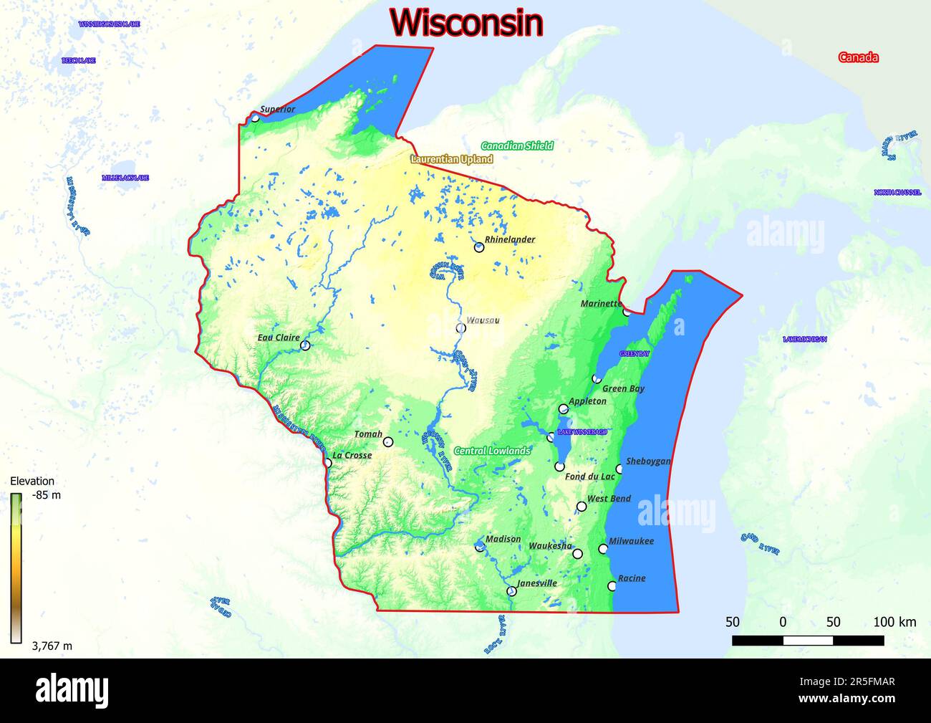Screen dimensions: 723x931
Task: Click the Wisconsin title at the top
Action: [x=466, y=22]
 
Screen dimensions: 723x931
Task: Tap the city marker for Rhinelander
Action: [x=479, y=247]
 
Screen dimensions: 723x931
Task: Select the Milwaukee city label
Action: [x=631, y=541]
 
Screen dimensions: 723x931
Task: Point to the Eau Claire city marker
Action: [x=306, y=345]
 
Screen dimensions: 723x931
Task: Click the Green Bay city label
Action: [x=623, y=388]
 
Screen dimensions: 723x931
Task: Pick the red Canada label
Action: [x=858, y=57]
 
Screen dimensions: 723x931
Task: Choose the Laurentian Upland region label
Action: [x=451, y=159]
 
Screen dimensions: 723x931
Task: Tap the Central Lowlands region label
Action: [x=492, y=451]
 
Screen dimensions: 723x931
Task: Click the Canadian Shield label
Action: [x=516, y=145]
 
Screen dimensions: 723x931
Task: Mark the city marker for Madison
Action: [x=480, y=547]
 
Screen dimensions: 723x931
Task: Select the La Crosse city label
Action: [x=352, y=455]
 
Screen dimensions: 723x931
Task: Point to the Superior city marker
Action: [x=255, y=118]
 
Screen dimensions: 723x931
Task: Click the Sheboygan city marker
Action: [x=619, y=469]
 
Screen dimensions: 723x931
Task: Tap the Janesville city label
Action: [x=536, y=583]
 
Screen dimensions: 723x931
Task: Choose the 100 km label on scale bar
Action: [x=894, y=621]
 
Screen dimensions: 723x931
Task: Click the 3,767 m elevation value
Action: [x=52, y=646]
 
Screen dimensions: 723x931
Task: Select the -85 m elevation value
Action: [x=47, y=495]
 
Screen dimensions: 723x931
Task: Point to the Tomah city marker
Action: [x=387, y=442]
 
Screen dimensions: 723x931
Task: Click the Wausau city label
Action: [x=483, y=320]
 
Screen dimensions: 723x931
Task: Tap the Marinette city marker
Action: [x=627, y=311]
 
